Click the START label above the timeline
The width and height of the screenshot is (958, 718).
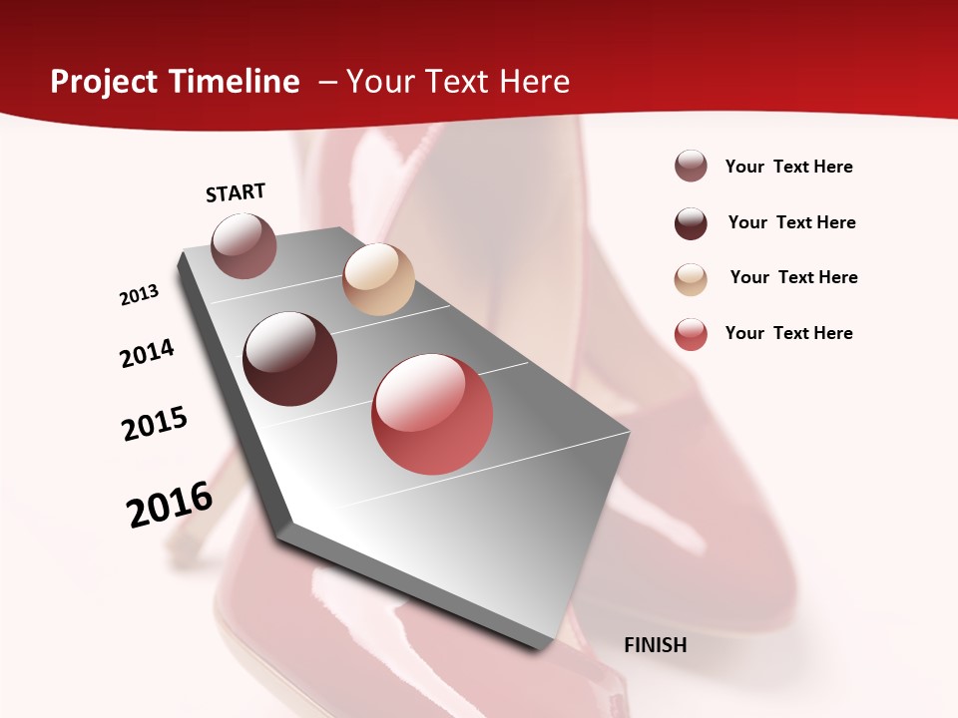coord(236,192)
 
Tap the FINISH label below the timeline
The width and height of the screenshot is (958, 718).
coord(656,645)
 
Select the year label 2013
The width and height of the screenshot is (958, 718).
coord(140,295)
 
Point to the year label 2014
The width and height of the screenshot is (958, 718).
coord(148,353)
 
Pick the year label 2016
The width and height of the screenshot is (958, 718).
coord(170,504)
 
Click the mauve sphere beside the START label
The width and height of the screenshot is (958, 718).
coord(244,245)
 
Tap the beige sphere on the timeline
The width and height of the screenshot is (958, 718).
coord(378,279)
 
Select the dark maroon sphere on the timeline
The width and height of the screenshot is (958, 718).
coord(290,359)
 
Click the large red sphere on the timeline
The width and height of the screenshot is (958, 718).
coord(432,414)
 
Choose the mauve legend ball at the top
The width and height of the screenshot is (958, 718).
coord(691,167)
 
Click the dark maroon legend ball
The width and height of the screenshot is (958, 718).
coord(691,223)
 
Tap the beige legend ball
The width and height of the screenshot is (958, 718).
coord(691,279)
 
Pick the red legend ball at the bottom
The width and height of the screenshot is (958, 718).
coord(691,334)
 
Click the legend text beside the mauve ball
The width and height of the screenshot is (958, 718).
coord(789,167)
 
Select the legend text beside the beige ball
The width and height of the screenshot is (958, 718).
coord(794,277)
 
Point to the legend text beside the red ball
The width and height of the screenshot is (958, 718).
coord(789,333)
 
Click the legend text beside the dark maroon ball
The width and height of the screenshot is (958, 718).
coord(792,222)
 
